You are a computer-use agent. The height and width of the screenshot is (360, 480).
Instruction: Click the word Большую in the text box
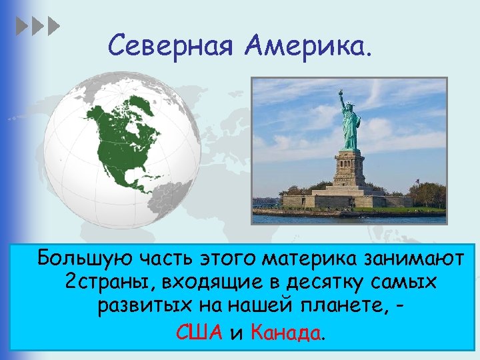point(81,257)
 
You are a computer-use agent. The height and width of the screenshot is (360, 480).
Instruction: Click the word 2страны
point(109,282)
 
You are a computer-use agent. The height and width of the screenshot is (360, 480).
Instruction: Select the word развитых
point(139,307)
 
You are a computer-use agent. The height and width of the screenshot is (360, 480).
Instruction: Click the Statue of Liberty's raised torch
point(341,94)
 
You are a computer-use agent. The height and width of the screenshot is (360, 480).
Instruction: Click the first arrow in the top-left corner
point(21,27)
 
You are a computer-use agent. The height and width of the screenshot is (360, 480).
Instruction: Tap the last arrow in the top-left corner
point(54,27)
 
